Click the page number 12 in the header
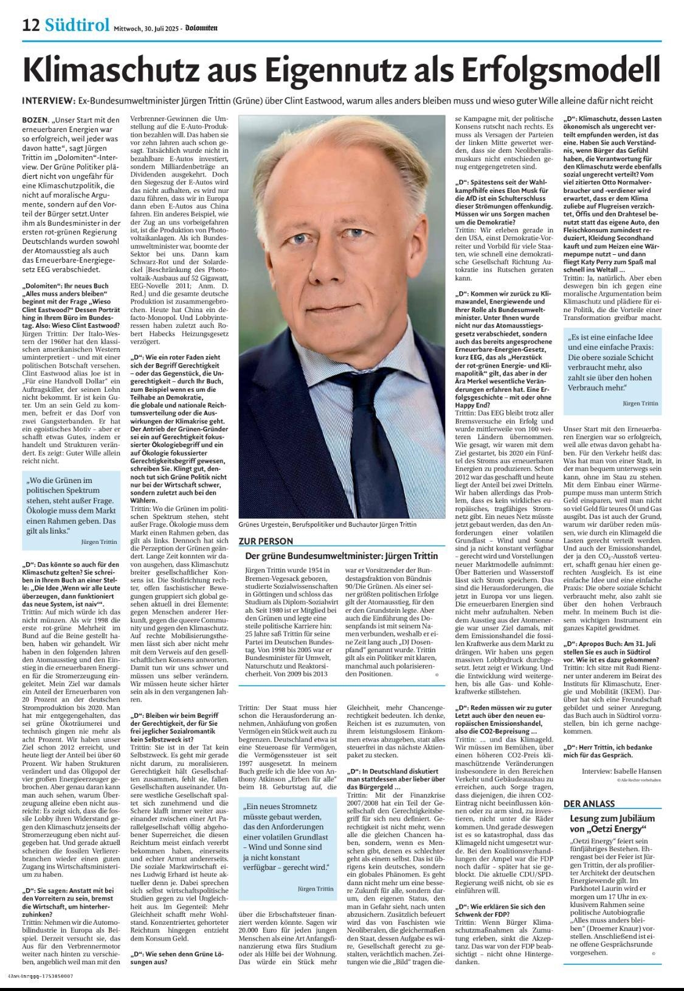point(31,26)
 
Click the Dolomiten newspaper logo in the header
point(203,27)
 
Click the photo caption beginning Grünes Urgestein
point(328,524)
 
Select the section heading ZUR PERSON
point(266,541)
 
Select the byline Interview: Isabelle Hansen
point(621,770)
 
